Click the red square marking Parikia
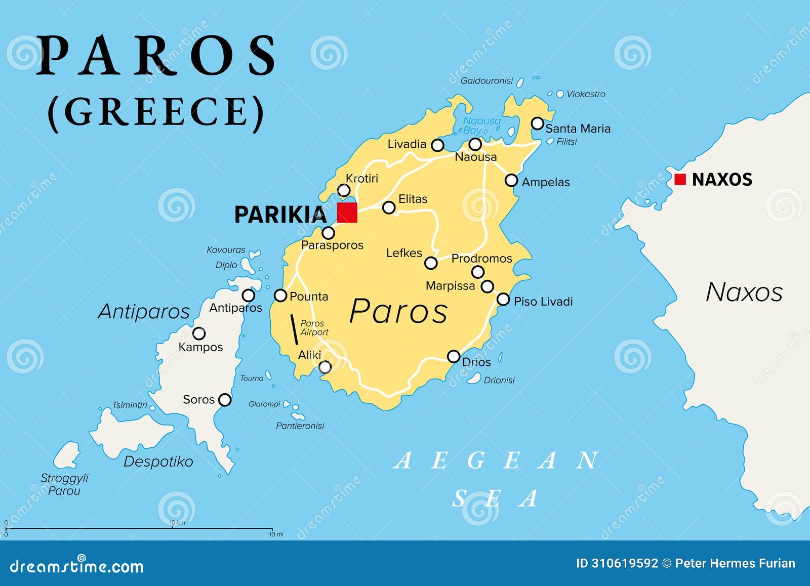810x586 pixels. [347, 212]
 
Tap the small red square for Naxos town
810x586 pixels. [680, 179]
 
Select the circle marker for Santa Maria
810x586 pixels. [537, 123]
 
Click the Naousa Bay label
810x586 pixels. [481, 125]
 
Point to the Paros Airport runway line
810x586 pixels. [293, 329]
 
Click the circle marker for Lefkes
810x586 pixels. [431, 263]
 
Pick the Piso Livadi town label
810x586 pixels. [543, 302]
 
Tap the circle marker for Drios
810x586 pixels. [454, 356]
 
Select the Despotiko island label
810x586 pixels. [158, 462]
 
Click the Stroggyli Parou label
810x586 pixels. [64, 484]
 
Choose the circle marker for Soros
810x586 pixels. [225, 400]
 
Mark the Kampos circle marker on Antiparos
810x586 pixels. [199, 333]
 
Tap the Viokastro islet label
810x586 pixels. [586, 94]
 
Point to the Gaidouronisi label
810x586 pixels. [487, 81]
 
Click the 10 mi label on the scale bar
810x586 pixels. [276, 534]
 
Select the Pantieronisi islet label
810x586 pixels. [300, 426]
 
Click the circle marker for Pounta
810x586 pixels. [280, 296]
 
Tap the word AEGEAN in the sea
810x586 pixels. [496, 461]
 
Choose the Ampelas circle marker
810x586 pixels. [511, 180]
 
